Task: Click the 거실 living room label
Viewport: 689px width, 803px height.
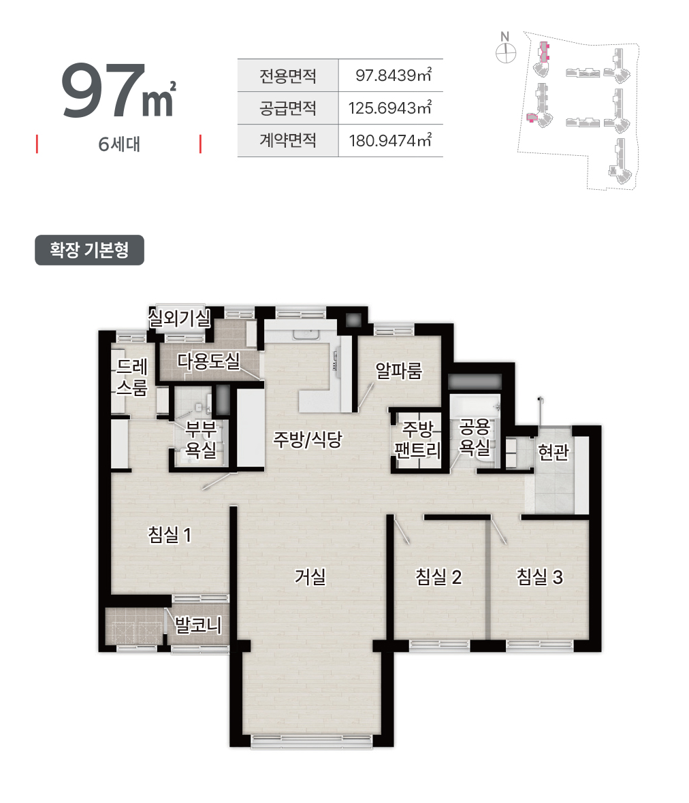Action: [x=310, y=576]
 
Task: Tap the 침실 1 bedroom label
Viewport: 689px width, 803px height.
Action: [x=170, y=535]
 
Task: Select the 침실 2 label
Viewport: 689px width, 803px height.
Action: [x=438, y=576]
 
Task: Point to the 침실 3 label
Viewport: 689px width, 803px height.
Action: [x=539, y=576]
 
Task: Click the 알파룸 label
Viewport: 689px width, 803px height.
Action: [x=398, y=370]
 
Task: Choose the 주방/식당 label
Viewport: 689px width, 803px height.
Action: [x=307, y=439]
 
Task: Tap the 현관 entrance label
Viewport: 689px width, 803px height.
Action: [x=554, y=452]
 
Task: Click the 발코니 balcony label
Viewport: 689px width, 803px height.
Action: [x=198, y=625]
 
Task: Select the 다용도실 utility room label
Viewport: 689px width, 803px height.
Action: [x=208, y=361]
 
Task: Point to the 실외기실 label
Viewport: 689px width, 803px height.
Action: [x=179, y=318]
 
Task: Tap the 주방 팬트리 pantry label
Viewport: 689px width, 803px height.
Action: [x=417, y=439]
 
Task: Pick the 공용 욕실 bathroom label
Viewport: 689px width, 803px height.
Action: [x=475, y=436]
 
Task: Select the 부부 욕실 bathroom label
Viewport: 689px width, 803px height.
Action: [x=201, y=439]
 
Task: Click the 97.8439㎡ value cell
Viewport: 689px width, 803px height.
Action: [x=394, y=76]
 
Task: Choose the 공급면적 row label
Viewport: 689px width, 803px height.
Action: [x=288, y=108]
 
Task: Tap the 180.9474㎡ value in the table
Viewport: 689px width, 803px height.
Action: [x=390, y=140]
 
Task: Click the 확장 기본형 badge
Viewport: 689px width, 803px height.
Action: [x=90, y=250]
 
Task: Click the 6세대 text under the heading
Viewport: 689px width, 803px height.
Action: [x=119, y=144]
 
